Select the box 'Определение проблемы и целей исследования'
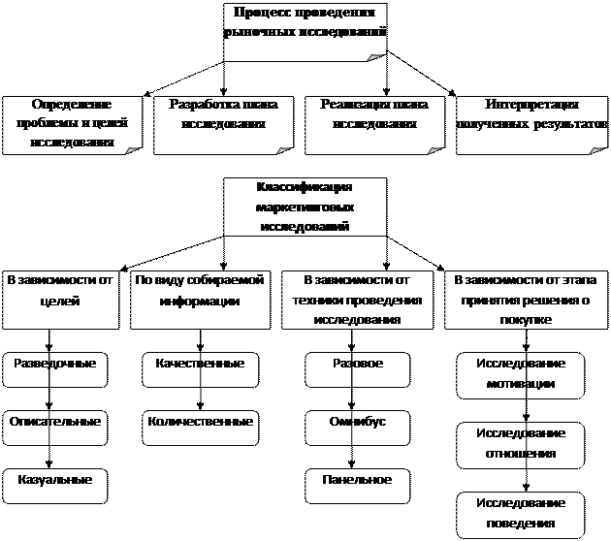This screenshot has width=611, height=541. point(72,123)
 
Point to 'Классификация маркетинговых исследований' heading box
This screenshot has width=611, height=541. point(305,207)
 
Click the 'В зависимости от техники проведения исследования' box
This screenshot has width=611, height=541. point(357,299)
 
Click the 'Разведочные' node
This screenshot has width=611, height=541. point(54,369)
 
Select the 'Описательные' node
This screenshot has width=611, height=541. point(54,428)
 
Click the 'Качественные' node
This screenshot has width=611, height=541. point(200,369)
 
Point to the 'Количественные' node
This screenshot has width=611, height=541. point(200,428)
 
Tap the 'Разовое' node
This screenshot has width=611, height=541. point(357,369)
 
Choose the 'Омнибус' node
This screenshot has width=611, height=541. point(357,428)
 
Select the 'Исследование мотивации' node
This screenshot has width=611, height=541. point(521,375)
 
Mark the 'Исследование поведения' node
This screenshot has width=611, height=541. point(521,515)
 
